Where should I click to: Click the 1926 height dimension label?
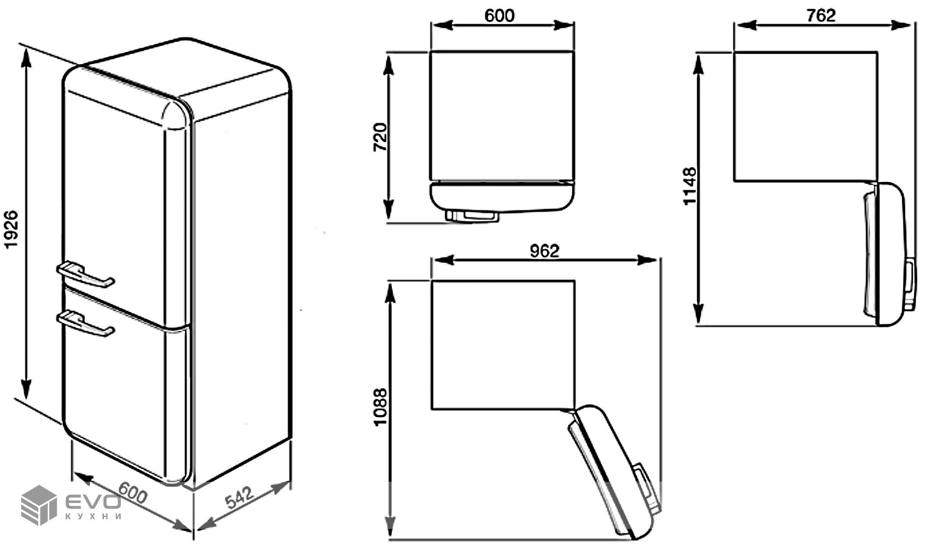(x=11, y=230)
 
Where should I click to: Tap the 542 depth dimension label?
(x=239, y=497)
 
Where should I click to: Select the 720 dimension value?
(x=380, y=137)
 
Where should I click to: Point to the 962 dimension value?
(x=544, y=250)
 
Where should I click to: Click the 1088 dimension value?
(x=380, y=407)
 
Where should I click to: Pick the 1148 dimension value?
(x=690, y=186)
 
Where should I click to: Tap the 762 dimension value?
(x=821, y=15)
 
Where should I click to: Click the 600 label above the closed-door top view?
(x=499, y=16)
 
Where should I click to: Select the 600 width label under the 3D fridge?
(x=132, y=493)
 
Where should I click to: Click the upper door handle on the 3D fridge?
(x=85, y=274)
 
